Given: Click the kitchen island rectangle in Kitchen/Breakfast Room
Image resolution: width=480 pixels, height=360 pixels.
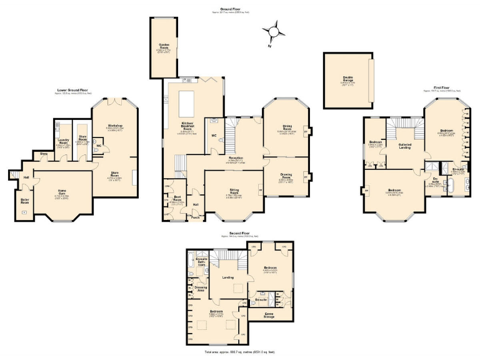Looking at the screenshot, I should (187, 101).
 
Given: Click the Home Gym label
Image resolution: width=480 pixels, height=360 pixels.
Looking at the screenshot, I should (62, 191).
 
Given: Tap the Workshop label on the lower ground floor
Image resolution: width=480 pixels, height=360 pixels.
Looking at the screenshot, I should (116, 126).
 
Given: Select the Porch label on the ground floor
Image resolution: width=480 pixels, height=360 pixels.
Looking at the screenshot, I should (195, 217).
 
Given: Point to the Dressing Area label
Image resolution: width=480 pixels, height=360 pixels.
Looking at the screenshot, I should (201, 289).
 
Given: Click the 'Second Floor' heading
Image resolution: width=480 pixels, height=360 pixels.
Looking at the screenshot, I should (240, 232).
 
